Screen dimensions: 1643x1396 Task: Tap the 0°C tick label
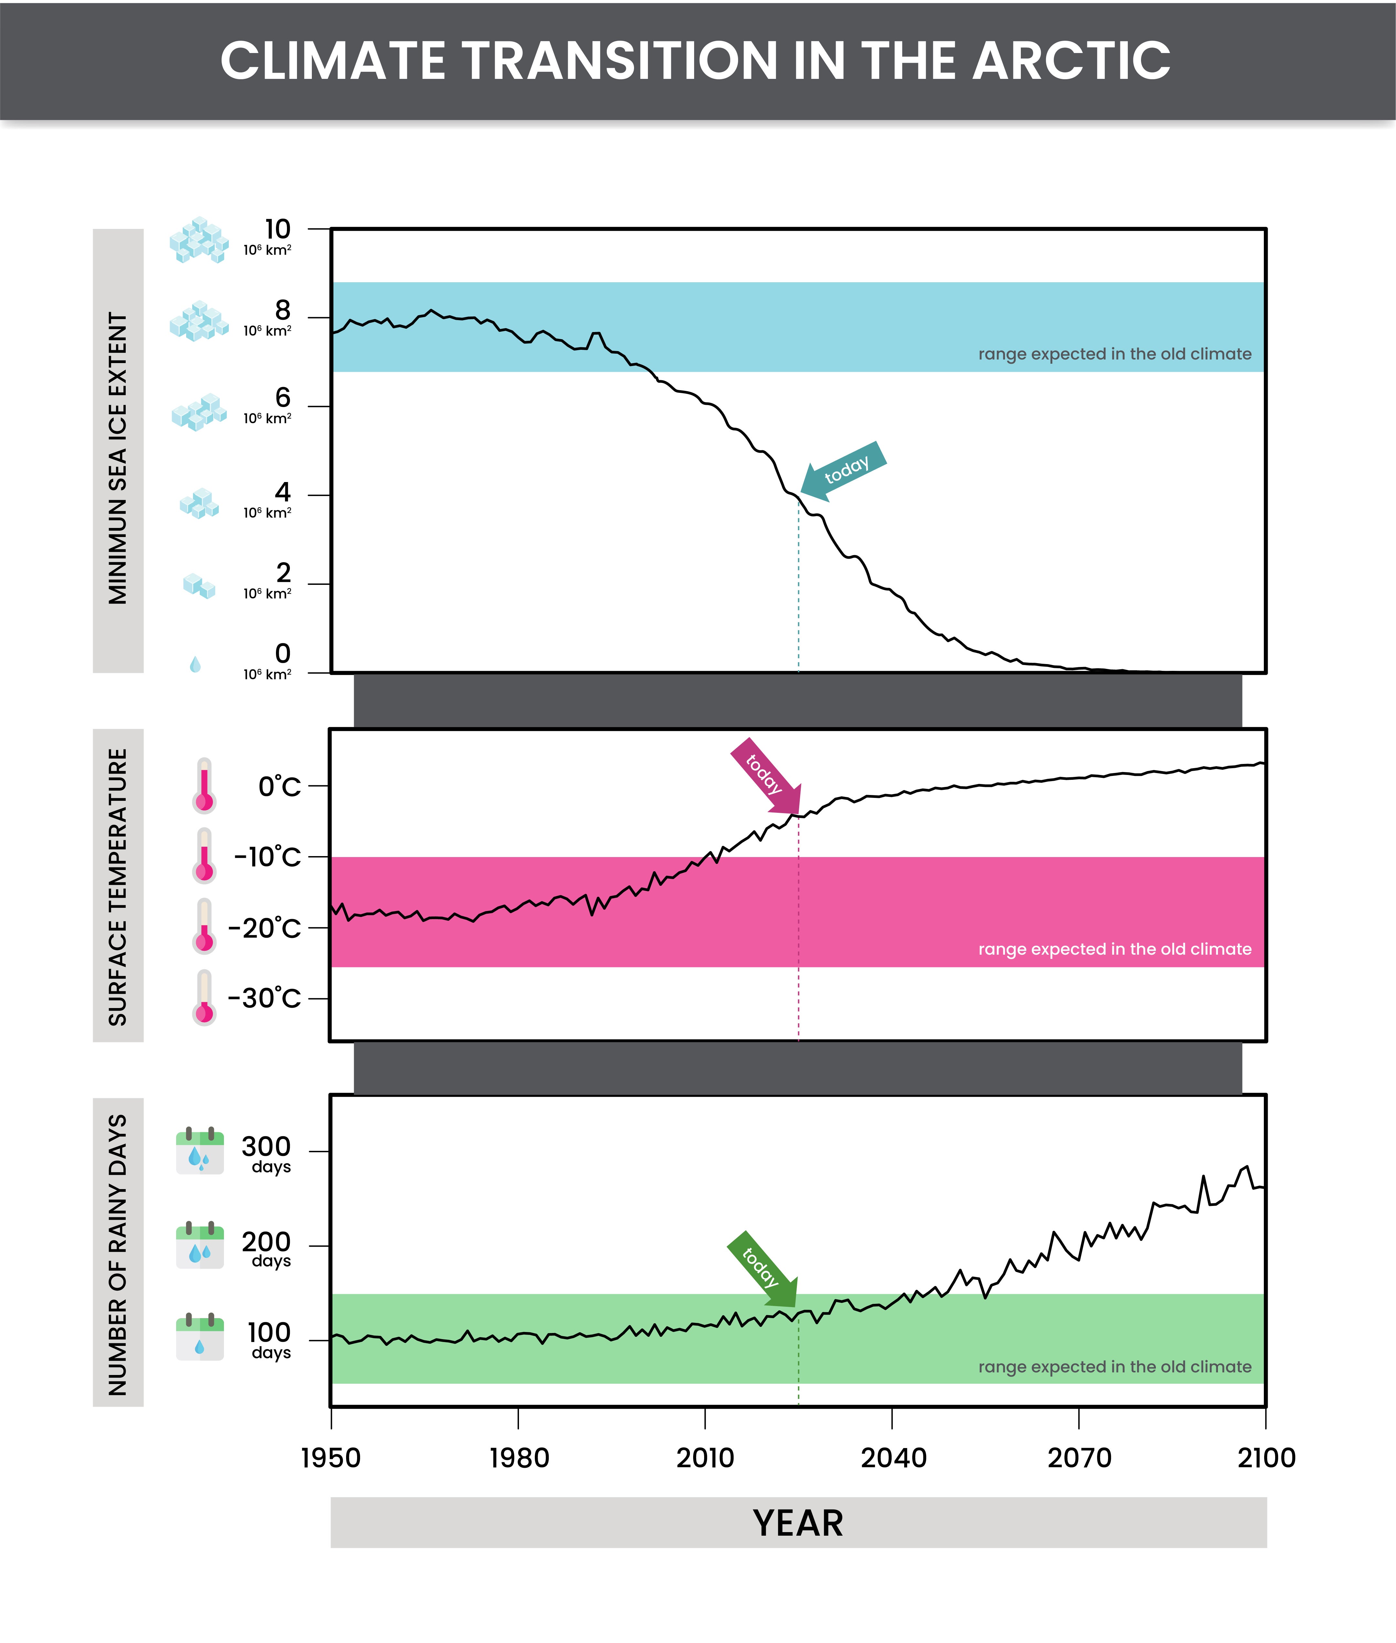click(279, 786)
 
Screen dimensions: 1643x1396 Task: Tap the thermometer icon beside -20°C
click(204, 926)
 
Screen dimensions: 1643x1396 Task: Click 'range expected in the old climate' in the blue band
click(1114, 354)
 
